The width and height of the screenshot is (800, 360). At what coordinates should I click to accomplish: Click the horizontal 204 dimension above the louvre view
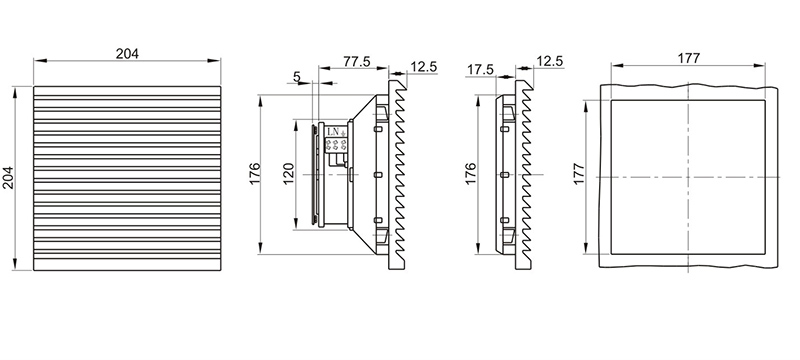tap(127, 54)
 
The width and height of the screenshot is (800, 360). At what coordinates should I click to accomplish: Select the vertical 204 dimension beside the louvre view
tap(9, 177)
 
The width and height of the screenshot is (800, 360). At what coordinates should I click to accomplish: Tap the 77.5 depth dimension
tap(357, 61)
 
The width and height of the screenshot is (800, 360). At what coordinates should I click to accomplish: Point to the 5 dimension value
tap(297, 76)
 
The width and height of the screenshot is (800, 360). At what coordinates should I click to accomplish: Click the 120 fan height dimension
tap(288, 174)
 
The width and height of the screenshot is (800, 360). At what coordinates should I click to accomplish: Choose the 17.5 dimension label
tap(481, 70)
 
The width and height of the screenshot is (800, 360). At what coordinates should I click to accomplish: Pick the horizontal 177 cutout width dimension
tap(688, 58)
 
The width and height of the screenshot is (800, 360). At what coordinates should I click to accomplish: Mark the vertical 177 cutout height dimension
tap(579, 174)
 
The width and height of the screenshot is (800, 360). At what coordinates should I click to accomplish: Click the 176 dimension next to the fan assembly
tap(255, 173)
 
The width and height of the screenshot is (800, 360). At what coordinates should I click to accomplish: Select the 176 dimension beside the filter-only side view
tap(470, 173)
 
